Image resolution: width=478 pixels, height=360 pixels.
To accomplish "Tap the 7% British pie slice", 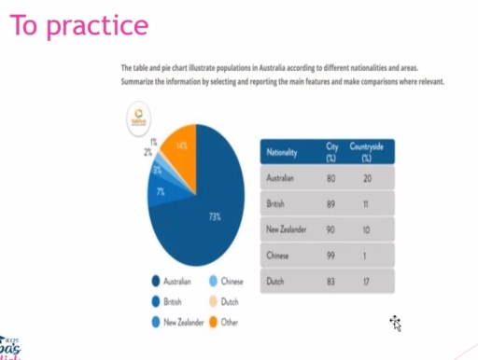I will [x=161, y=191].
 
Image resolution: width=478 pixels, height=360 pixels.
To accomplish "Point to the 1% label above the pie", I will [x=154, y=141].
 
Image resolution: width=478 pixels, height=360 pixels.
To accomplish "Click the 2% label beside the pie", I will [x=148, y=151].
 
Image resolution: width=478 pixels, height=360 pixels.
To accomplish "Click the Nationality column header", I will [x=283, y=151].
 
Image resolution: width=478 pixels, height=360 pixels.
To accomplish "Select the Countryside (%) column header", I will [x=366, y=151].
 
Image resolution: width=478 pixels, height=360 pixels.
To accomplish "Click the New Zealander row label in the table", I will [x=288, y=228].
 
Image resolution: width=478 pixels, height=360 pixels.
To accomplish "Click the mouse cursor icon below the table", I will [x=396, y=323].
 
